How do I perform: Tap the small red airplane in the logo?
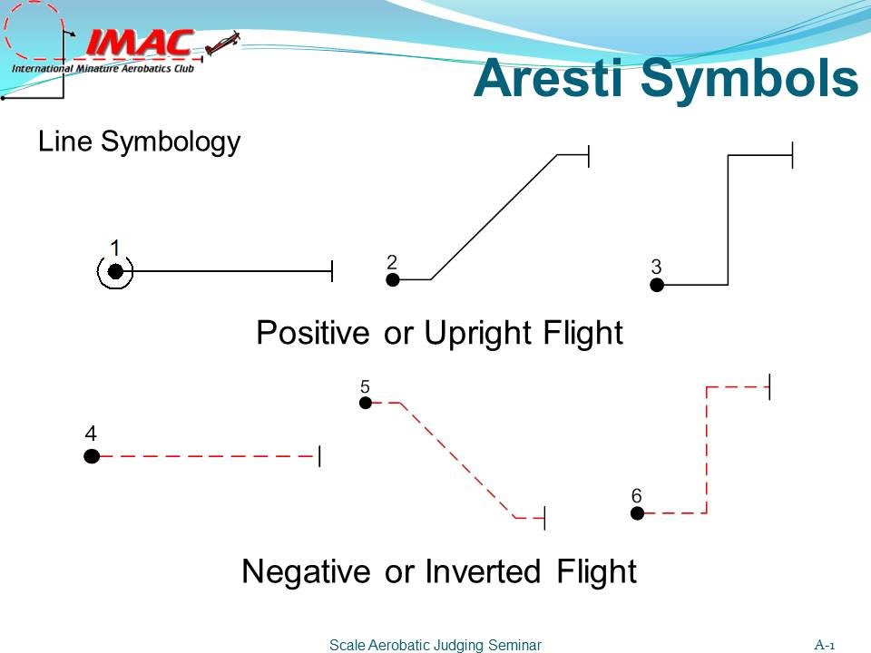[x=223, y=43]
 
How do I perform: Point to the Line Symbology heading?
[x=139, y=141]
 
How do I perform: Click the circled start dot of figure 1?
[x=115, y=271]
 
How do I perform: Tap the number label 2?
[x=391, y=261]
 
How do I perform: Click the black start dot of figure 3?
[x=657, y=285]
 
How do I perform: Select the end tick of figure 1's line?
[x=331, y=270]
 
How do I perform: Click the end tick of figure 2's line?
[x=589, y=155]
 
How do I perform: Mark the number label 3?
[x=656, y=267]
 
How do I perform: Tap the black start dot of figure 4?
[x=92, y=456]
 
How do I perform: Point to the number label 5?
[x=365, y=385]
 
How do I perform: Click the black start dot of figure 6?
[x=637, y=513]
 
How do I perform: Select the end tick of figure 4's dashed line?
[x=319, y=456]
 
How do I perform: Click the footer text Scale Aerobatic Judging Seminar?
[x=435, y=645]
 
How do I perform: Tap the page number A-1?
[x=824, y=645]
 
